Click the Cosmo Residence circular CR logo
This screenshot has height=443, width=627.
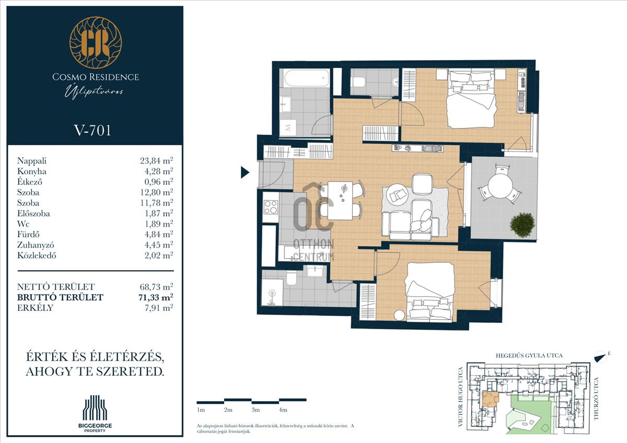[x=96, y=42]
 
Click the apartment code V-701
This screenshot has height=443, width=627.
[x=92, y=131]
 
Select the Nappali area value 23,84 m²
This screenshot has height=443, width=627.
[x=156, y=160]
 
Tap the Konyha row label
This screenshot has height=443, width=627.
[x=32, y=171]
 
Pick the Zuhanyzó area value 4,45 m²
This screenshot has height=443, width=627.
[x=159, y=245]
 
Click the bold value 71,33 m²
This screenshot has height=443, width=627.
[x=156, y=297]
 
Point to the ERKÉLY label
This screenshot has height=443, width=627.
[x=36, y=308]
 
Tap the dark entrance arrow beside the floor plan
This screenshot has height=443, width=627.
[x=245, y=172]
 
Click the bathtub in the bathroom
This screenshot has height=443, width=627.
[x=306, y=78]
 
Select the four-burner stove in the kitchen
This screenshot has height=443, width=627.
[x=271, y=207]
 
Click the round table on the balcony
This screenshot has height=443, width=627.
[x=500, y=185]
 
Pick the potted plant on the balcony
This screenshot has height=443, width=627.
[x=522, y=226]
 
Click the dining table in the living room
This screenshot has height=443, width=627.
[x=340, y=201]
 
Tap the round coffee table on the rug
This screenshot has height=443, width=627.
[x=397, y=195]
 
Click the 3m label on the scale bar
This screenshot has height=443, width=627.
[x=256, y=410]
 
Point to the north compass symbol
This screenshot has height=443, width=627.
[x=601, y=357]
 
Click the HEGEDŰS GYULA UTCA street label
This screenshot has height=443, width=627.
[x=529, y=356]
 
